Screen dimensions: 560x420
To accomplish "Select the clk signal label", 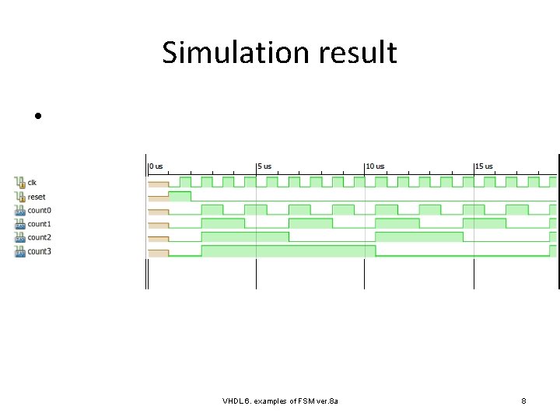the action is coord(32,183).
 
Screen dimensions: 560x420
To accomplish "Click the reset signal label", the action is coord(37,197).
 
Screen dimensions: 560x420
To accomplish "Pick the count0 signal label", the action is coord(40,210).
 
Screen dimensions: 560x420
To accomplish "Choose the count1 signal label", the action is coord(40,224).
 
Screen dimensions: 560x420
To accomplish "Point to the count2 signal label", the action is coord(40,237).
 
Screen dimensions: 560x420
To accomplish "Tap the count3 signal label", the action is coord(40,251).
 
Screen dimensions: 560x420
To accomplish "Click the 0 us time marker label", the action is coord(156,166).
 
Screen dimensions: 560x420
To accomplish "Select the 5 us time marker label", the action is coord(265,166).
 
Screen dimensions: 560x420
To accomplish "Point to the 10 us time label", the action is coord(376,166).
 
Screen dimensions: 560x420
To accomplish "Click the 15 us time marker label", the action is coord(485,166).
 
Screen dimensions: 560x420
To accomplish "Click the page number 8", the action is coord(523,401).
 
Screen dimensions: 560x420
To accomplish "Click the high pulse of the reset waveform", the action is coord(180,196).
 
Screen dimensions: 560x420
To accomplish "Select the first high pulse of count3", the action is coord(288,250).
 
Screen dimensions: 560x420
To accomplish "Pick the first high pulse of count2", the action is coord(244,236).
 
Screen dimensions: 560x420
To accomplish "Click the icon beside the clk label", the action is coord(19,183).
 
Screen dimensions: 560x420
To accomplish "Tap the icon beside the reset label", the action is coord(19,197).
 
